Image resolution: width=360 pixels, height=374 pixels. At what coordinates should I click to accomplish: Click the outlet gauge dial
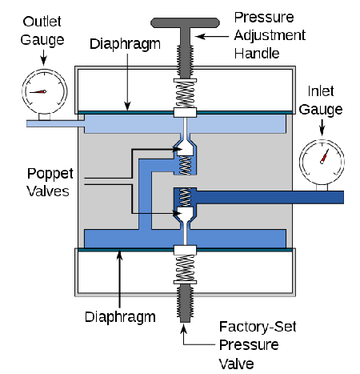coord(45,91)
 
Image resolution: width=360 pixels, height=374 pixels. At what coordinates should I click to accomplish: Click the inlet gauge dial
coord(322,162)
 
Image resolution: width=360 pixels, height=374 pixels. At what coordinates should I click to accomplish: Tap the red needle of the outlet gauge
coord(38,92)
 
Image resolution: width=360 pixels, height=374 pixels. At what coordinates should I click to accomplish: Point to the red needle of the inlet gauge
coord(324,157)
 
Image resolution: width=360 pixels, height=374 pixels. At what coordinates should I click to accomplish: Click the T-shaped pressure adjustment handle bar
coord(185,23)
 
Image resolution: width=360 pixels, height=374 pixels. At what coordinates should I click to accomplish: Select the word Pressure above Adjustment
coord(264,18)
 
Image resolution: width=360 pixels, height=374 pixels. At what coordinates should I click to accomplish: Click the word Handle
coord(257,54)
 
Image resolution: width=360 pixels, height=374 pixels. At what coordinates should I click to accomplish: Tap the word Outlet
coord(42,22)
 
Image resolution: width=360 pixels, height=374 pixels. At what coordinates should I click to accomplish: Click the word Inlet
coord(321,91)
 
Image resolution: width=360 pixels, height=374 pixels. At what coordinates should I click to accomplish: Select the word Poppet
coord(50,175)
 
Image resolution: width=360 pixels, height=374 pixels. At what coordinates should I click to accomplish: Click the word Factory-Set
coord(258,327)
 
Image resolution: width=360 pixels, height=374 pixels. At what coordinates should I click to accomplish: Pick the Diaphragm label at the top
coord(125,44)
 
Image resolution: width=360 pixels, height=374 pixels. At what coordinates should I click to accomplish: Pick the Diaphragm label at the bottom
coord(120,317)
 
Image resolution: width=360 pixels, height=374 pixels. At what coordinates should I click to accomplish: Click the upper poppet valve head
coord(185,148)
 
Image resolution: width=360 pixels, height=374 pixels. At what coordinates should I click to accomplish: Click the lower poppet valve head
coord(185,215)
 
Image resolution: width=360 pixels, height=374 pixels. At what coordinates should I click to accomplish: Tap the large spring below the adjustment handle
coord(185,95)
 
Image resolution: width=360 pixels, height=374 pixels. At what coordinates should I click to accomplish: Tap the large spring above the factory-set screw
coord(185,267)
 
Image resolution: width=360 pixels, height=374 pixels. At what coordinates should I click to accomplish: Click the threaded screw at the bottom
coord(185,304)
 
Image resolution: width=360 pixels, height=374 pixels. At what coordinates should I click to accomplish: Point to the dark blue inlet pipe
coord(270,197)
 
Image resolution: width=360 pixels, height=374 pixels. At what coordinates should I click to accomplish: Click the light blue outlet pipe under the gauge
coord(55,123)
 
